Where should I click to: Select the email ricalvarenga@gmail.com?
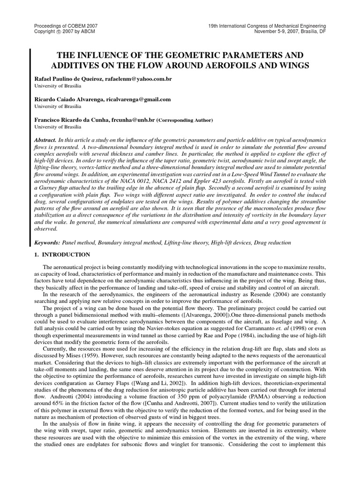[x=139, y=99]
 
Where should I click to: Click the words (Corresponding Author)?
[x=184, y=120]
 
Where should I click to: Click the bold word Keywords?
[x=47, y=243]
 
